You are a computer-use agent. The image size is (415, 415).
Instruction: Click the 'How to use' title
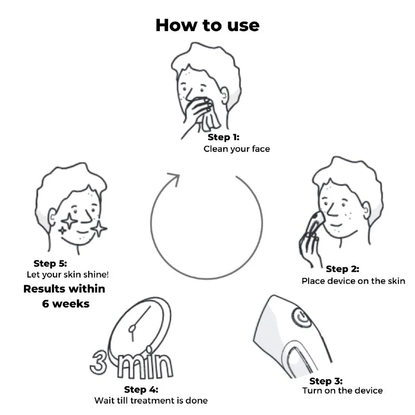coord(208,25)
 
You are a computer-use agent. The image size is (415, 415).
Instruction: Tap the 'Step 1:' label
coord(224,137)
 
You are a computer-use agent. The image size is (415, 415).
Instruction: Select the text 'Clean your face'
coord(237,149)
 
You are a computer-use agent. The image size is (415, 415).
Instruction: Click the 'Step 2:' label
coord(342,269)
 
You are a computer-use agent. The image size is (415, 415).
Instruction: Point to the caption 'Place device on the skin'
coord(353,281)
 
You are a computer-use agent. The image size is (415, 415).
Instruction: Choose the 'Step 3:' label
coord(326,381)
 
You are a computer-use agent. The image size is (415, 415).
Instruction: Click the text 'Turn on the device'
coord(342,391)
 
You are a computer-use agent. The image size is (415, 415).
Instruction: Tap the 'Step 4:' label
coord(141,390)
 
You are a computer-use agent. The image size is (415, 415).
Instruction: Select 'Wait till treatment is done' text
coord(151,400)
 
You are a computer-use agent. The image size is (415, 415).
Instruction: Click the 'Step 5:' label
coord(50,264)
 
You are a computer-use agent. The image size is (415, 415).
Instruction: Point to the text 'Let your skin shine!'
coord(67,274)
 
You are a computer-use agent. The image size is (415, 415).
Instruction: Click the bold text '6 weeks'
coord(66,304)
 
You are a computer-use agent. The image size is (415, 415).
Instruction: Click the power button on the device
coord(301,317)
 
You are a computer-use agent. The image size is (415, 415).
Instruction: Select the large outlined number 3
coord(99,363)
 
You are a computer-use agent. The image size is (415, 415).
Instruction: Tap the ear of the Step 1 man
coord(224,96)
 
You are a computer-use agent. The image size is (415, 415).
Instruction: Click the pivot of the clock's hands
coord(132,329)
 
